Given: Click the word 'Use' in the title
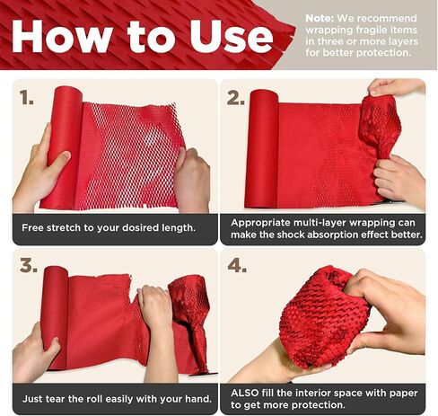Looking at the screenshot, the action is (232, 37).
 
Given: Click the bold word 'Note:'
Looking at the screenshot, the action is (320, 18).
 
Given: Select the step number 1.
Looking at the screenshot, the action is (26, 97).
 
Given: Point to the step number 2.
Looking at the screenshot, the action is (235, 97).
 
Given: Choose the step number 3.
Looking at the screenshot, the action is (29, 265).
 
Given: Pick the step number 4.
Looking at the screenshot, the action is (237, 265).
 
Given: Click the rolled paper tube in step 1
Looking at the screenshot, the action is (61, 146).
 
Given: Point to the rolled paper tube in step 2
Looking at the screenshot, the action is (262, 149).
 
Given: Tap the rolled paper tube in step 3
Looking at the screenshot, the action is (56, 317).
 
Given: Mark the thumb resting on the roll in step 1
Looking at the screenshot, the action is (58, 158).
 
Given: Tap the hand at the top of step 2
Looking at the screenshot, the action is (395, 87).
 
